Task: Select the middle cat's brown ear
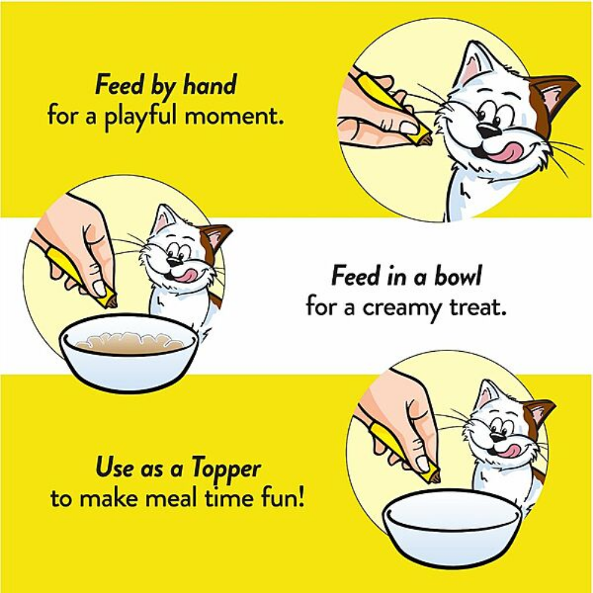pos(213,237)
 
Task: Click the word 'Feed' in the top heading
pos(116,86)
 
